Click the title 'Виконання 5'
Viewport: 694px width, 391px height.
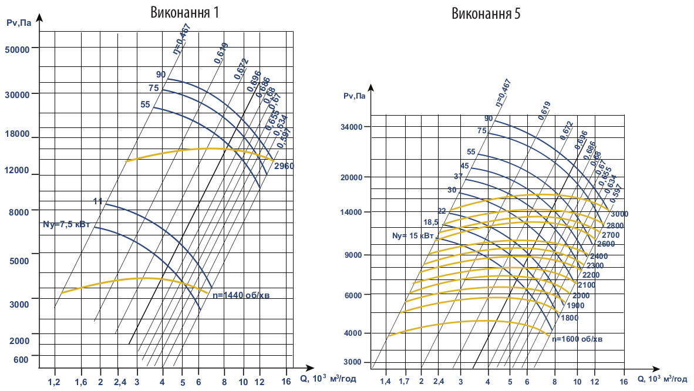click(x=486, y=14)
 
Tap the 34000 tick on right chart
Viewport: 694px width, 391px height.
click(x=354, y=127)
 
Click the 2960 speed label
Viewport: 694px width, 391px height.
click(x=284, y=166)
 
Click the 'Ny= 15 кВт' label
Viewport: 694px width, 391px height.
click(x=413, y=236)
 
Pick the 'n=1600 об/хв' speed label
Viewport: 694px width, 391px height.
click(x=578, y=339)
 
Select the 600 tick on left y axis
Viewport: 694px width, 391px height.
click(x=21, y=359)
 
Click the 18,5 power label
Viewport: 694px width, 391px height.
click(x=432, y=222)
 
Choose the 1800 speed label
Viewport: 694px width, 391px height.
click(x=570, y=318)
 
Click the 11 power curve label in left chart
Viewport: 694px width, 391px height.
click(x=98, y=201)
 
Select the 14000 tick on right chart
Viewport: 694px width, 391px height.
click(x=354, y=212)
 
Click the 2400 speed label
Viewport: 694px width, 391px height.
click(x=598, y=257)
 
